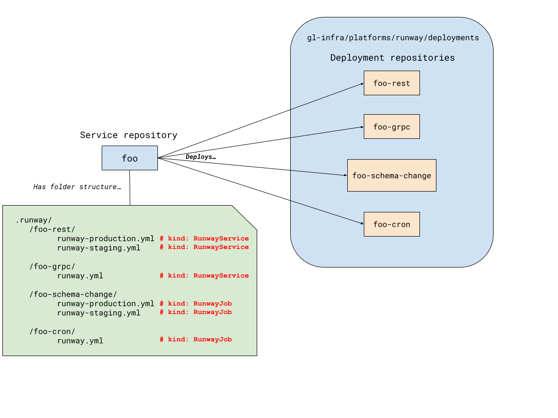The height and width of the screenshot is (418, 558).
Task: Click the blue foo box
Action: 129,158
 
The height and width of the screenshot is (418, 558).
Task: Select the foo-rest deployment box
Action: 391,83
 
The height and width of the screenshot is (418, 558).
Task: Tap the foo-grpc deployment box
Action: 391,127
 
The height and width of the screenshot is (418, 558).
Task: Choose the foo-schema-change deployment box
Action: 391,176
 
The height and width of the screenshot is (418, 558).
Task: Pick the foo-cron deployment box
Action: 391,224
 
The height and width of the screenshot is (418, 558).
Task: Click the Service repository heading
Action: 128,135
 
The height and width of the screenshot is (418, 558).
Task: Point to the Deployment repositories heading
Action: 392,58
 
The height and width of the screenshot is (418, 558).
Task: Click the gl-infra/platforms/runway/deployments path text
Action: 393,38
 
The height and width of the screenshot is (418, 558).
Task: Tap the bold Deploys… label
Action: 200,157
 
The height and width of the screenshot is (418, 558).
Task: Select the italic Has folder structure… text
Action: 77,187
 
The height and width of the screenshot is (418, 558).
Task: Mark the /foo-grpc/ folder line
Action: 52,267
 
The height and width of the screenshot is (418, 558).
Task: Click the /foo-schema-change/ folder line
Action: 73,294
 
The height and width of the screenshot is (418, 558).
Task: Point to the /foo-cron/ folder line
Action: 52,331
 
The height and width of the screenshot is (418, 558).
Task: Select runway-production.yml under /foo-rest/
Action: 106,239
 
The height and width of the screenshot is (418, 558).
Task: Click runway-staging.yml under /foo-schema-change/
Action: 99,313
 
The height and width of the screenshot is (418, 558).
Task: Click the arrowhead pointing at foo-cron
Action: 361,224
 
